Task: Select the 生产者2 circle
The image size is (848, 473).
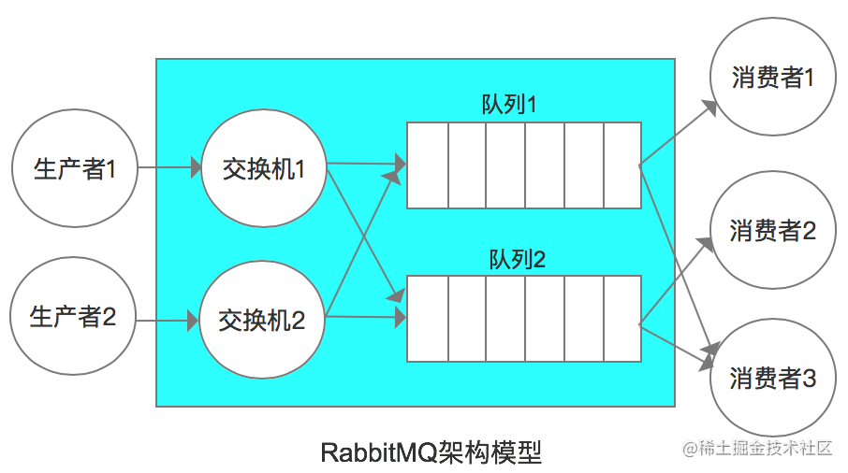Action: [x=73, y=318]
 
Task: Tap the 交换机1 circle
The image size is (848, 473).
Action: [x=264, y=169]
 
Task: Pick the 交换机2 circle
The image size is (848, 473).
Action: [x=262, y=320]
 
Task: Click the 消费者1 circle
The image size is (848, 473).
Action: [x=772, y=78]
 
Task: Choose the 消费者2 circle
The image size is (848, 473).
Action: [x=772, y=229]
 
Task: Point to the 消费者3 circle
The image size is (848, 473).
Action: [x=772, y=378]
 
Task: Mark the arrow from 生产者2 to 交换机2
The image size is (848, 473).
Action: [x=168, y=320]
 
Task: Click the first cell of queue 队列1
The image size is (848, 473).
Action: [x=427, y=165]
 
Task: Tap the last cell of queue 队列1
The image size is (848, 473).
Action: [x=621, y=165]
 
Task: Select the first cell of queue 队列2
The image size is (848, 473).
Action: [x=427, y=318]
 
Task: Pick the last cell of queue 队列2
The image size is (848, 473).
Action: [x=621, y=318]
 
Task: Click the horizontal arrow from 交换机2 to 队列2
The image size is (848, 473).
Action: [x=365, y=319]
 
